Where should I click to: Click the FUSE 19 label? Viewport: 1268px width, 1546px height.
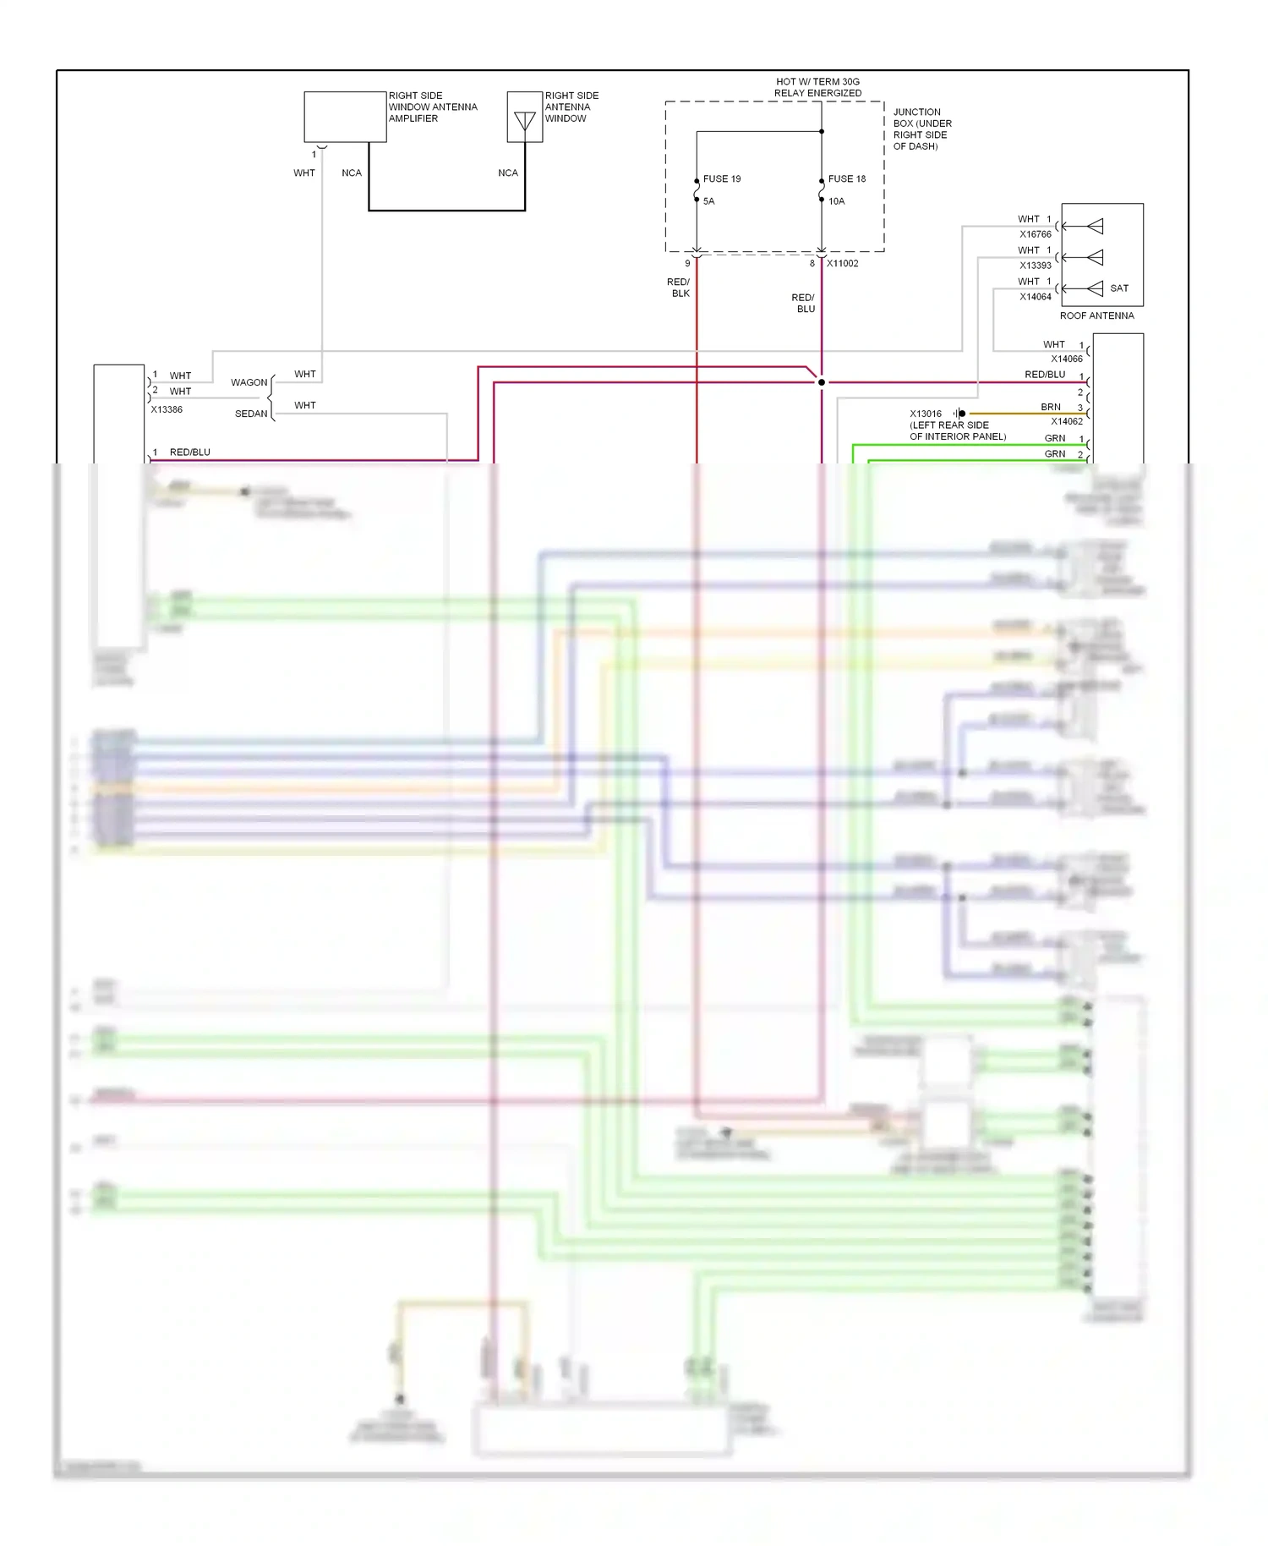pos(721,179)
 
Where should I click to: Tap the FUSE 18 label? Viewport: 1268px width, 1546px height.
pos(846,179)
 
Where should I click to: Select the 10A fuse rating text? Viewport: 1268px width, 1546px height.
pos(836,201)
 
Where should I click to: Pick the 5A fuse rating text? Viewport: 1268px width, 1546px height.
pos(708,201)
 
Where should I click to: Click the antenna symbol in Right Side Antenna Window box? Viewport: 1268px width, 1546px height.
pos(525,121)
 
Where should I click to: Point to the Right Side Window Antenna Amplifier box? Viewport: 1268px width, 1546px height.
pos(345,117)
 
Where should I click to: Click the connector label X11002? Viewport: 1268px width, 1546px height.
pos(842,264)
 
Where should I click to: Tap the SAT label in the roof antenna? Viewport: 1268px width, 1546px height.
pos(1118,288)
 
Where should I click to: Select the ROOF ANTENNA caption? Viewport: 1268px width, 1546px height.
pos(1096,315)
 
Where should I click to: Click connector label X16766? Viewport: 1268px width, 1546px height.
pos(1035,234)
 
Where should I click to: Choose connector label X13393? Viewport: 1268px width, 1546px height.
pos(1035,266)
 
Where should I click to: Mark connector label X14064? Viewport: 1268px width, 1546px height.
pos(1035,297)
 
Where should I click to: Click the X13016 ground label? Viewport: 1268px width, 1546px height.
pos(925,414)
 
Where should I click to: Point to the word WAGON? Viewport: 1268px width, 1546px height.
pos(249,382)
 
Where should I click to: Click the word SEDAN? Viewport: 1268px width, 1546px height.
pos(251,414)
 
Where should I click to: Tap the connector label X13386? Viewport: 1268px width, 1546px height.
pos(167,409)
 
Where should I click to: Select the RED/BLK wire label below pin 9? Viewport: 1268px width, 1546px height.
pos(679,288)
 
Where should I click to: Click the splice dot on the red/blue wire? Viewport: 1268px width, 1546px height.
pos(821,382)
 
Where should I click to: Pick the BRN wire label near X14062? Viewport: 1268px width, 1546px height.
pos(1050,407)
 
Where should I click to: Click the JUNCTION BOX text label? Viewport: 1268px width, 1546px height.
pos(921,129)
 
